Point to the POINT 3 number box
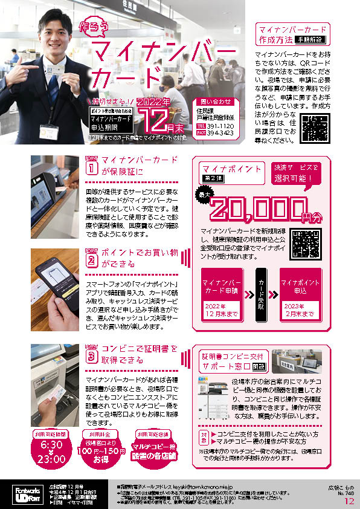pos(91,356)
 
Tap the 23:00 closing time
pos(53,458)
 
